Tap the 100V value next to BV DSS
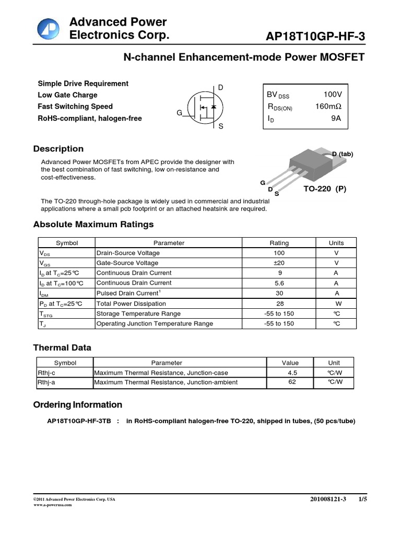[332, 95]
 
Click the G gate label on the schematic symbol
[179, 113]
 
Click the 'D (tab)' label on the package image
[343, 154]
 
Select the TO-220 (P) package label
[325, 189]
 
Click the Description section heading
[58, 149]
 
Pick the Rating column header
[279, 243]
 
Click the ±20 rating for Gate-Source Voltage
[279, 263]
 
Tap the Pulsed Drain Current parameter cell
[127, 293]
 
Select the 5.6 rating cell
[279, 283]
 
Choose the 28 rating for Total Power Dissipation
[279, 304]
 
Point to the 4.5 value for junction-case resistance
[292, 373]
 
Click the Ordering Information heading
[78, 405]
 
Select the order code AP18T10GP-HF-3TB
[79, 421]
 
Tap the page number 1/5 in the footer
[362, 499]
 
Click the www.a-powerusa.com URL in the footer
[52, 505]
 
